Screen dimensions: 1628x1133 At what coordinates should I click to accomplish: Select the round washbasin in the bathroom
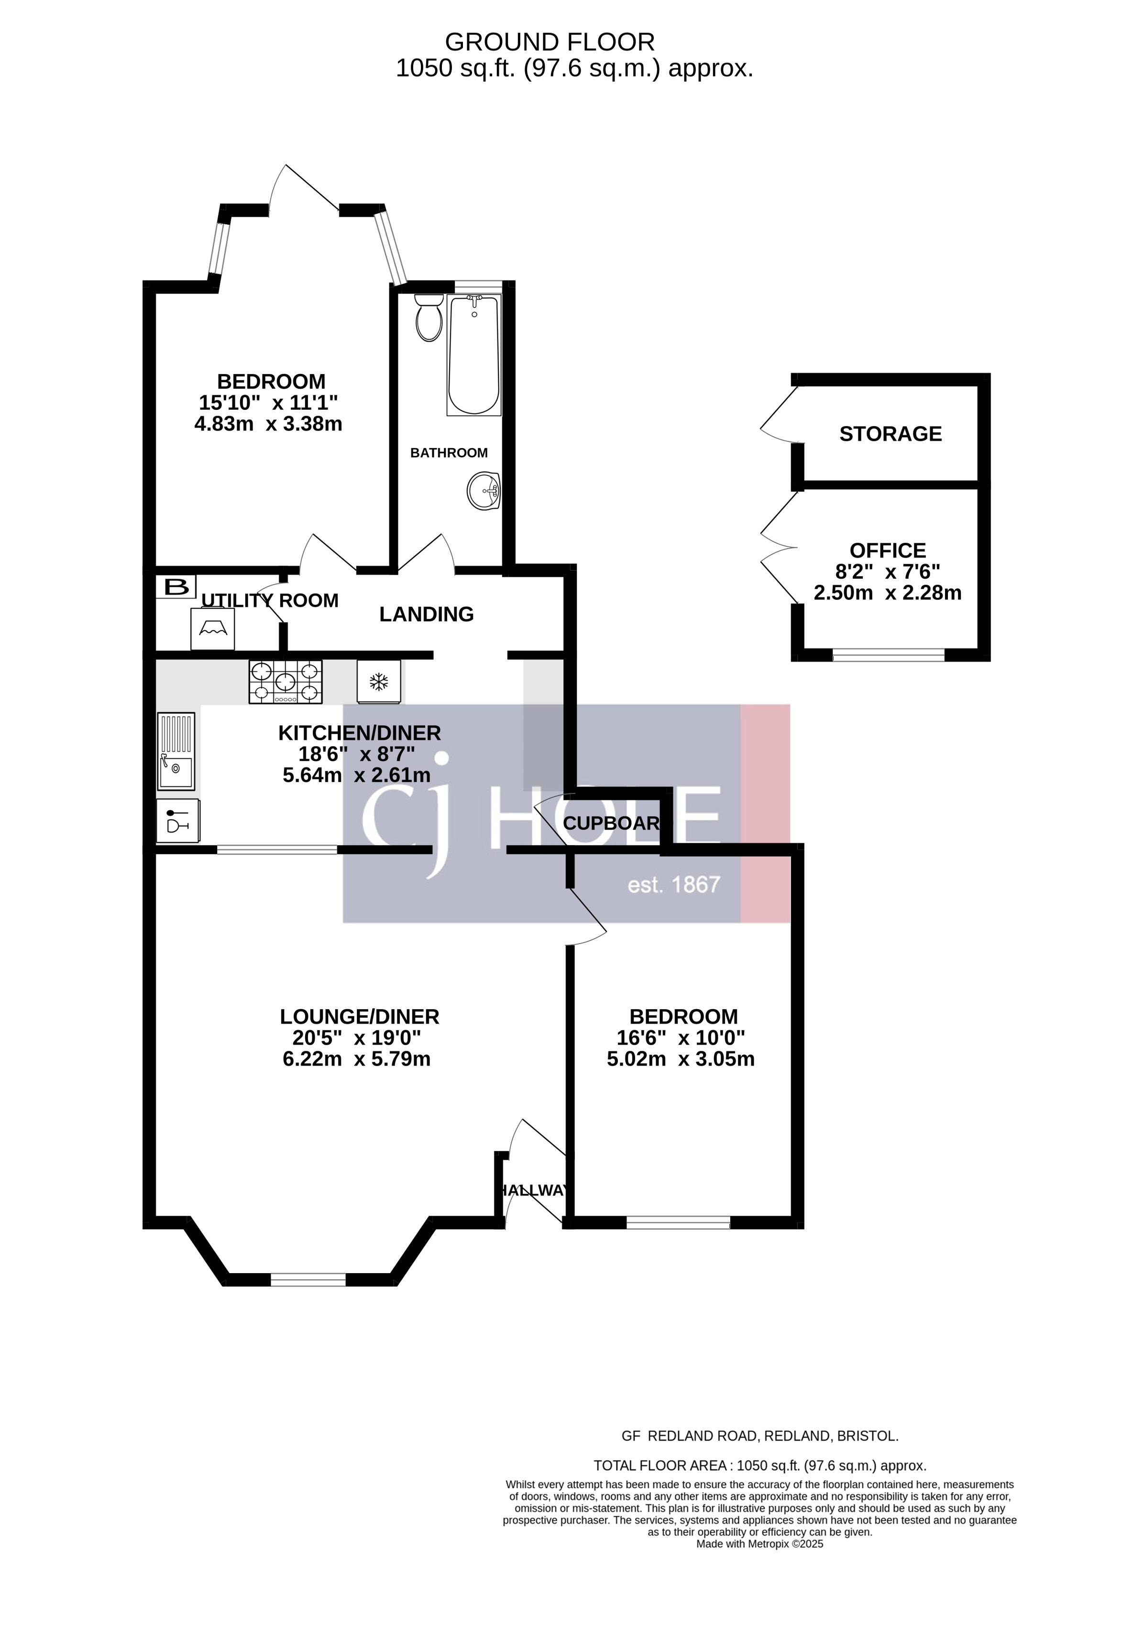(x=484, y=490)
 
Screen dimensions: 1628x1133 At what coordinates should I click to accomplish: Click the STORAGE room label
(x=890, y=434)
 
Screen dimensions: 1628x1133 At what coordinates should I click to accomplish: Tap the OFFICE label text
(x=887, y=550)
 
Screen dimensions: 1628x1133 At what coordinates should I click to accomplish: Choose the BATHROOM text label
(x=449, y=452)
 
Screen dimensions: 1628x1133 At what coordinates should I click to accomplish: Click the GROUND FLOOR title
(x=550, y=43)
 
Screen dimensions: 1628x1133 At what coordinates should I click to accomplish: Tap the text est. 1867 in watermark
(x=673, y=884)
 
